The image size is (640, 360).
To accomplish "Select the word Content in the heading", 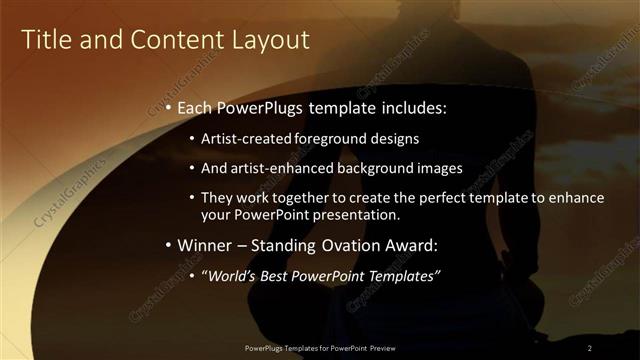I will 173,40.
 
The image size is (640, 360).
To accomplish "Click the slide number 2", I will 590,347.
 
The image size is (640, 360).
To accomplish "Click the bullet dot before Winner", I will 169,245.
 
